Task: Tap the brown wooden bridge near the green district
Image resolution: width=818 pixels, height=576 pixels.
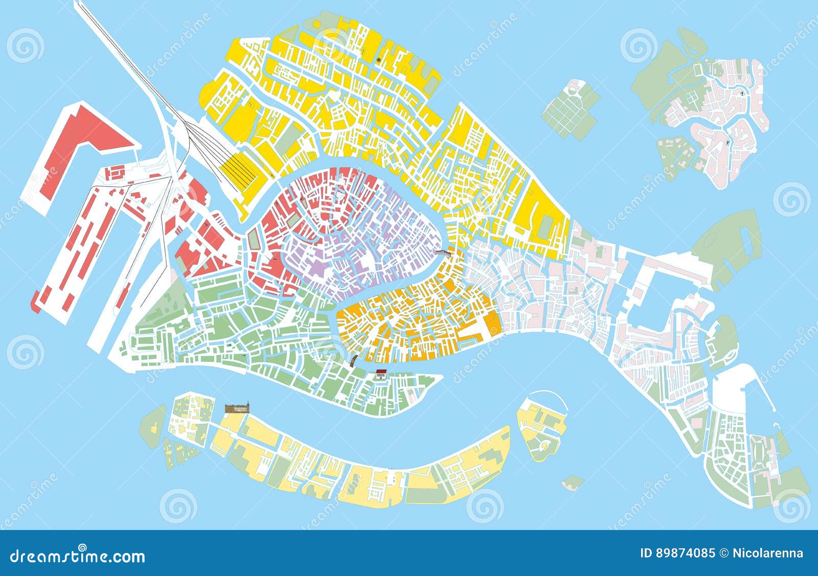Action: [353, 360]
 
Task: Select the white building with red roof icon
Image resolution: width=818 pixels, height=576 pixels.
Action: [380, 374]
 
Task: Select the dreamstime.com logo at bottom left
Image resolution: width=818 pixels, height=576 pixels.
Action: [78, 556]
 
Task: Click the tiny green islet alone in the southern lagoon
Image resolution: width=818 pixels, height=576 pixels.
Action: [573, 481]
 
